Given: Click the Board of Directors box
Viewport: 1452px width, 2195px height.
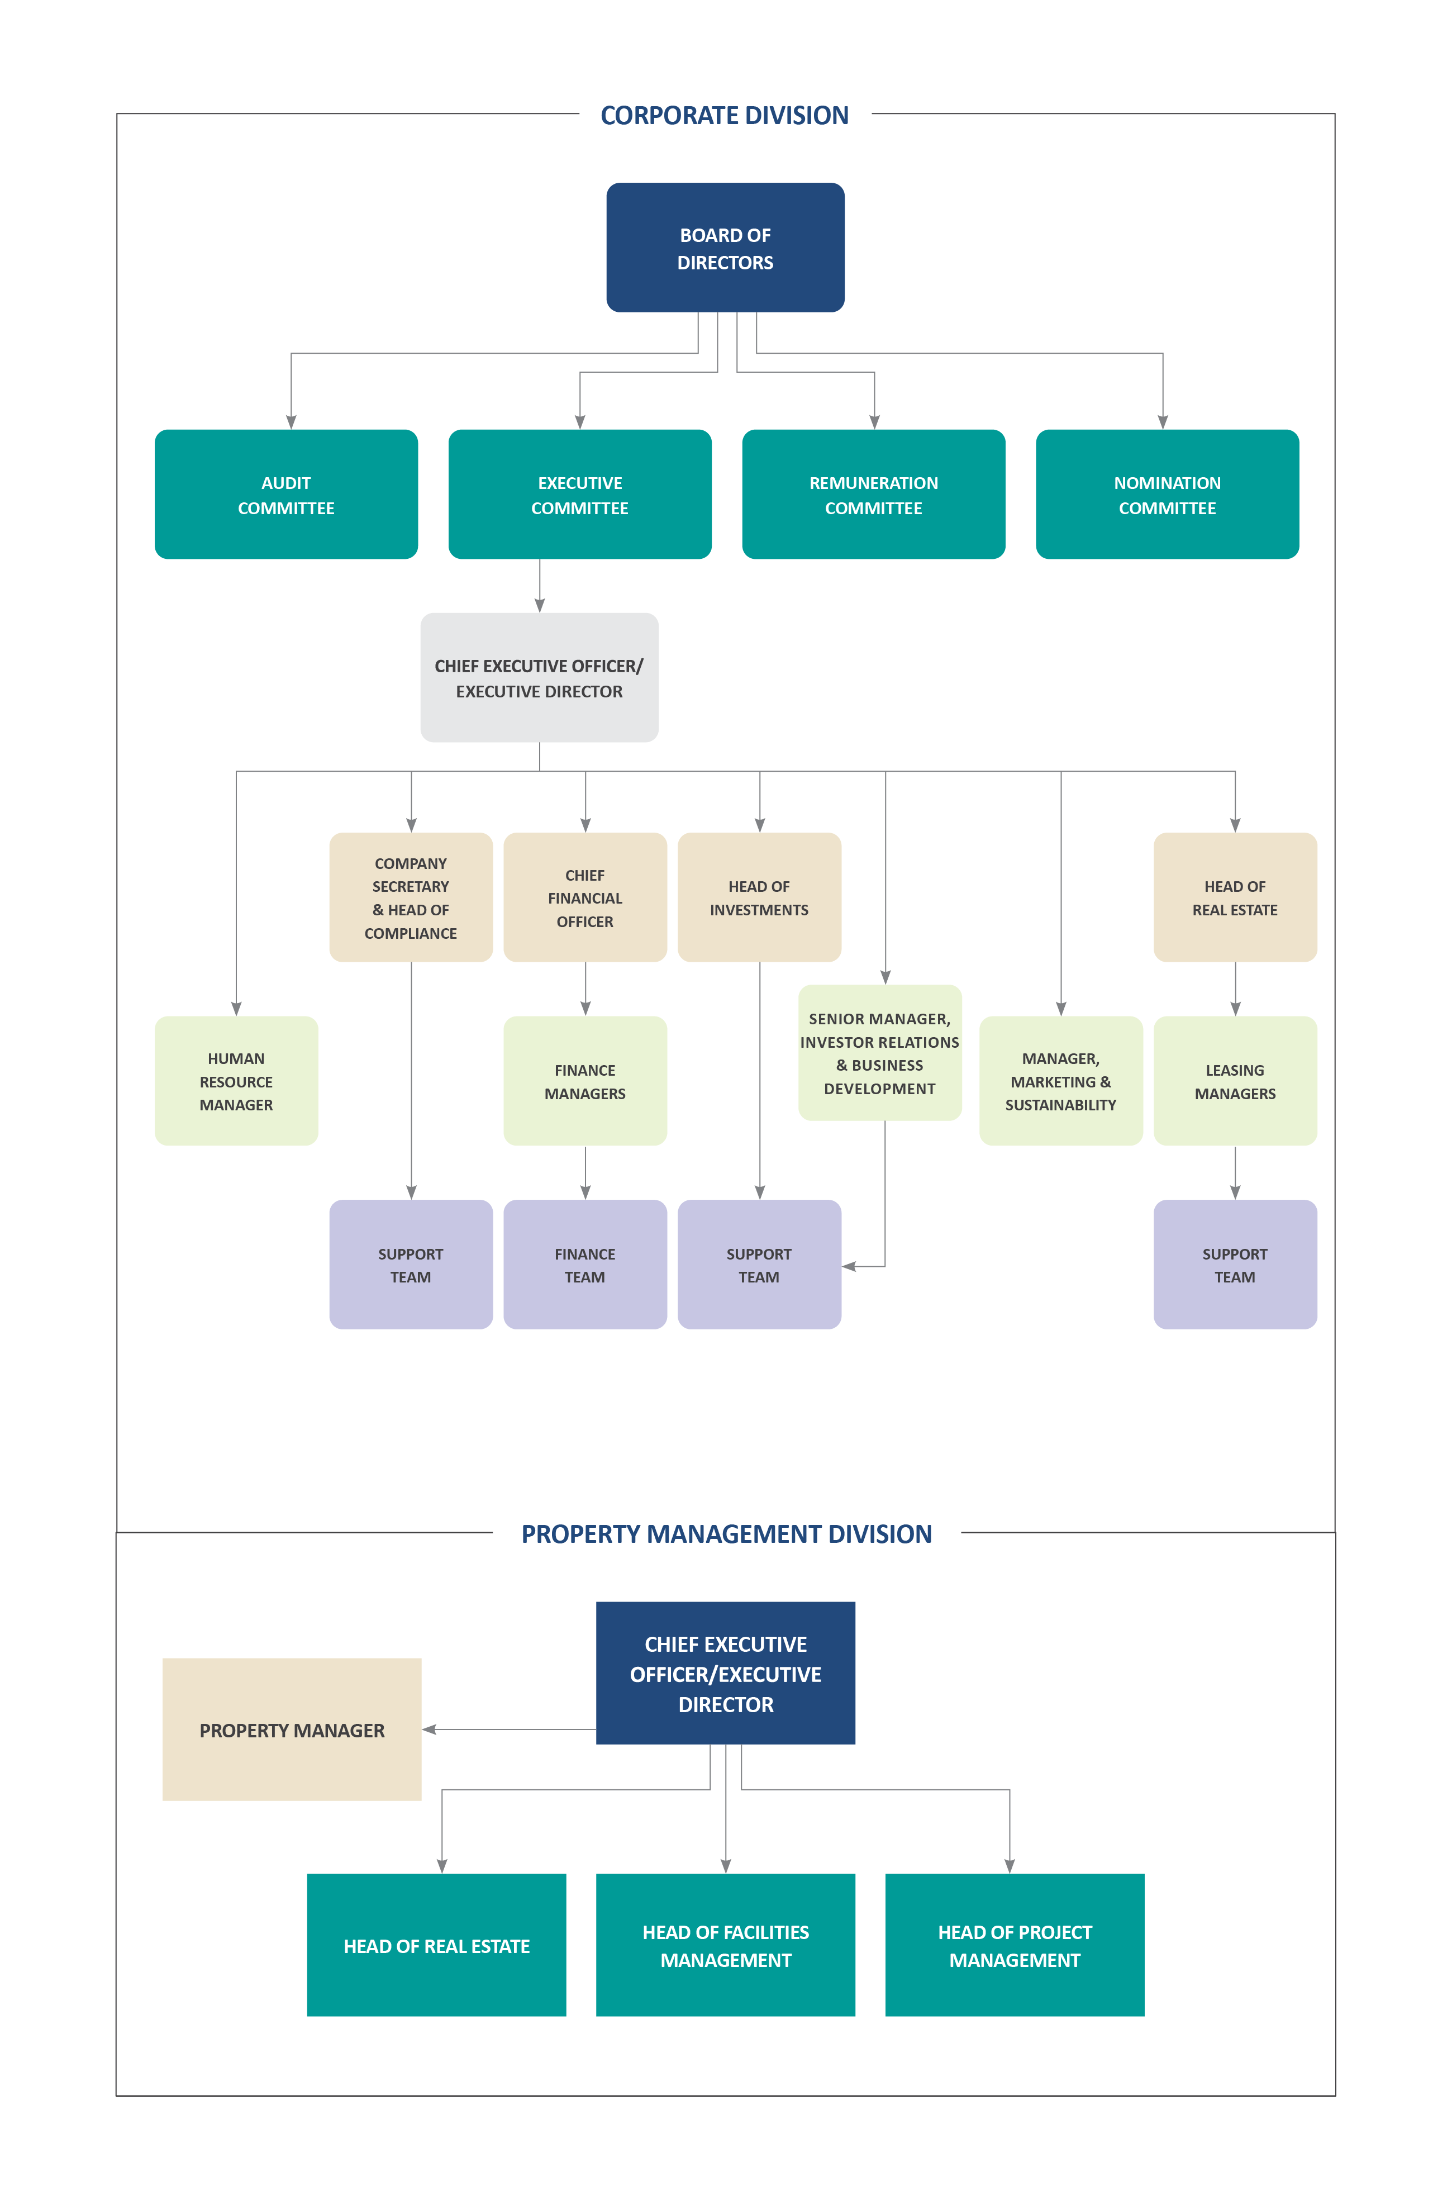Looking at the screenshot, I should tap(725, 248).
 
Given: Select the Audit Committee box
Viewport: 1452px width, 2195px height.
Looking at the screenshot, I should tap(286, 495).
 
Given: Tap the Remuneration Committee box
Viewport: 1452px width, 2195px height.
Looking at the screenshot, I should tap(873, 495).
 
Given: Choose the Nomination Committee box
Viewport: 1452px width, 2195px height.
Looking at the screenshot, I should tap(1167, 495).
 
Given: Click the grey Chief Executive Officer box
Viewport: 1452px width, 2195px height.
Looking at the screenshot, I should tap(539, 677).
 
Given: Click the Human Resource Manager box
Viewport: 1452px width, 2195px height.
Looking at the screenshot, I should tap(236, 1081).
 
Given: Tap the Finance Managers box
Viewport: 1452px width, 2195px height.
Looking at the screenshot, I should tap(584, 1081).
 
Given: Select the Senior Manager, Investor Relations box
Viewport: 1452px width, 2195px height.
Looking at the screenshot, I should tap(880, 1053).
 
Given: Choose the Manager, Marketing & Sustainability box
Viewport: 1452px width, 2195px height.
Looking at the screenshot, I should tap(1060, 1081).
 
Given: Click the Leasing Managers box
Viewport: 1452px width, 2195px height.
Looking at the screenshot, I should tap(1234, 1081).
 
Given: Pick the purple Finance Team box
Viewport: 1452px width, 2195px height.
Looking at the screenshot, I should tap(584, 1264).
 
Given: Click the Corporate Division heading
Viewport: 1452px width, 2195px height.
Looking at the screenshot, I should tap(724, 115).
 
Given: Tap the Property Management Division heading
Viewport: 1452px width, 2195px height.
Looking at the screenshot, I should tap(726, 1534).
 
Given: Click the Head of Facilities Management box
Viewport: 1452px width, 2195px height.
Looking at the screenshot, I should tap(725, 1945).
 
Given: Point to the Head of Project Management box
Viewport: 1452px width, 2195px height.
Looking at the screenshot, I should tap(1014, 1945).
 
